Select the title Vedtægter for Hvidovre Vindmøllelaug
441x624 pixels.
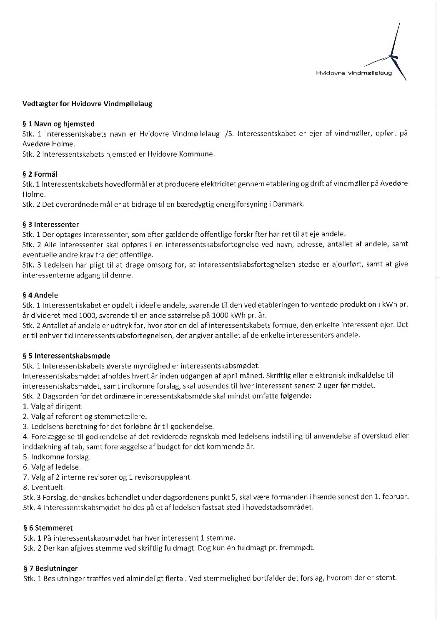point(87,104)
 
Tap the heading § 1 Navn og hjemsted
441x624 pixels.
point(58,124)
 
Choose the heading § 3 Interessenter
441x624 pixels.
point(50,224)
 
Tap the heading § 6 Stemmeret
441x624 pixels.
point(48,528)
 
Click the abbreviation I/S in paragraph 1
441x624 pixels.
point(228,134)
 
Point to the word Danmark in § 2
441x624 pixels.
point(288,204)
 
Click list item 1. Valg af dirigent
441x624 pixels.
point(53,406)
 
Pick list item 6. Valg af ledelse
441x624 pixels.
point(52,467)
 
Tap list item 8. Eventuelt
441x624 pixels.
point(44,487)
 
